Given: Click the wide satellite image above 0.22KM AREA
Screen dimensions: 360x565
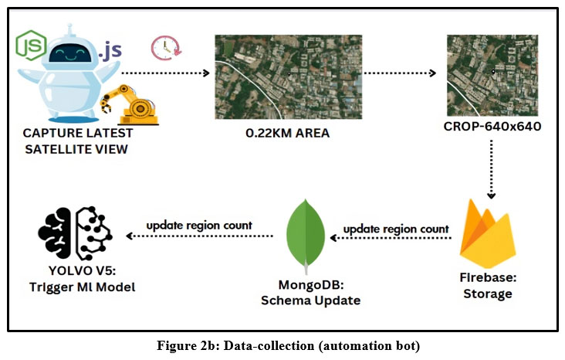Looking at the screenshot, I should (288, 74).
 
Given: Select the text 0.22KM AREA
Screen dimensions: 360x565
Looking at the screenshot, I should (287, 133).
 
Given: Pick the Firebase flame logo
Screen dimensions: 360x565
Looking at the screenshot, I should (488, 231).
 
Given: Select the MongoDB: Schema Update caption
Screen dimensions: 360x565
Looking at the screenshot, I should (306, 292).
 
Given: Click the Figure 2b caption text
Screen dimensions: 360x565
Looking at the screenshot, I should (282, 343).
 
